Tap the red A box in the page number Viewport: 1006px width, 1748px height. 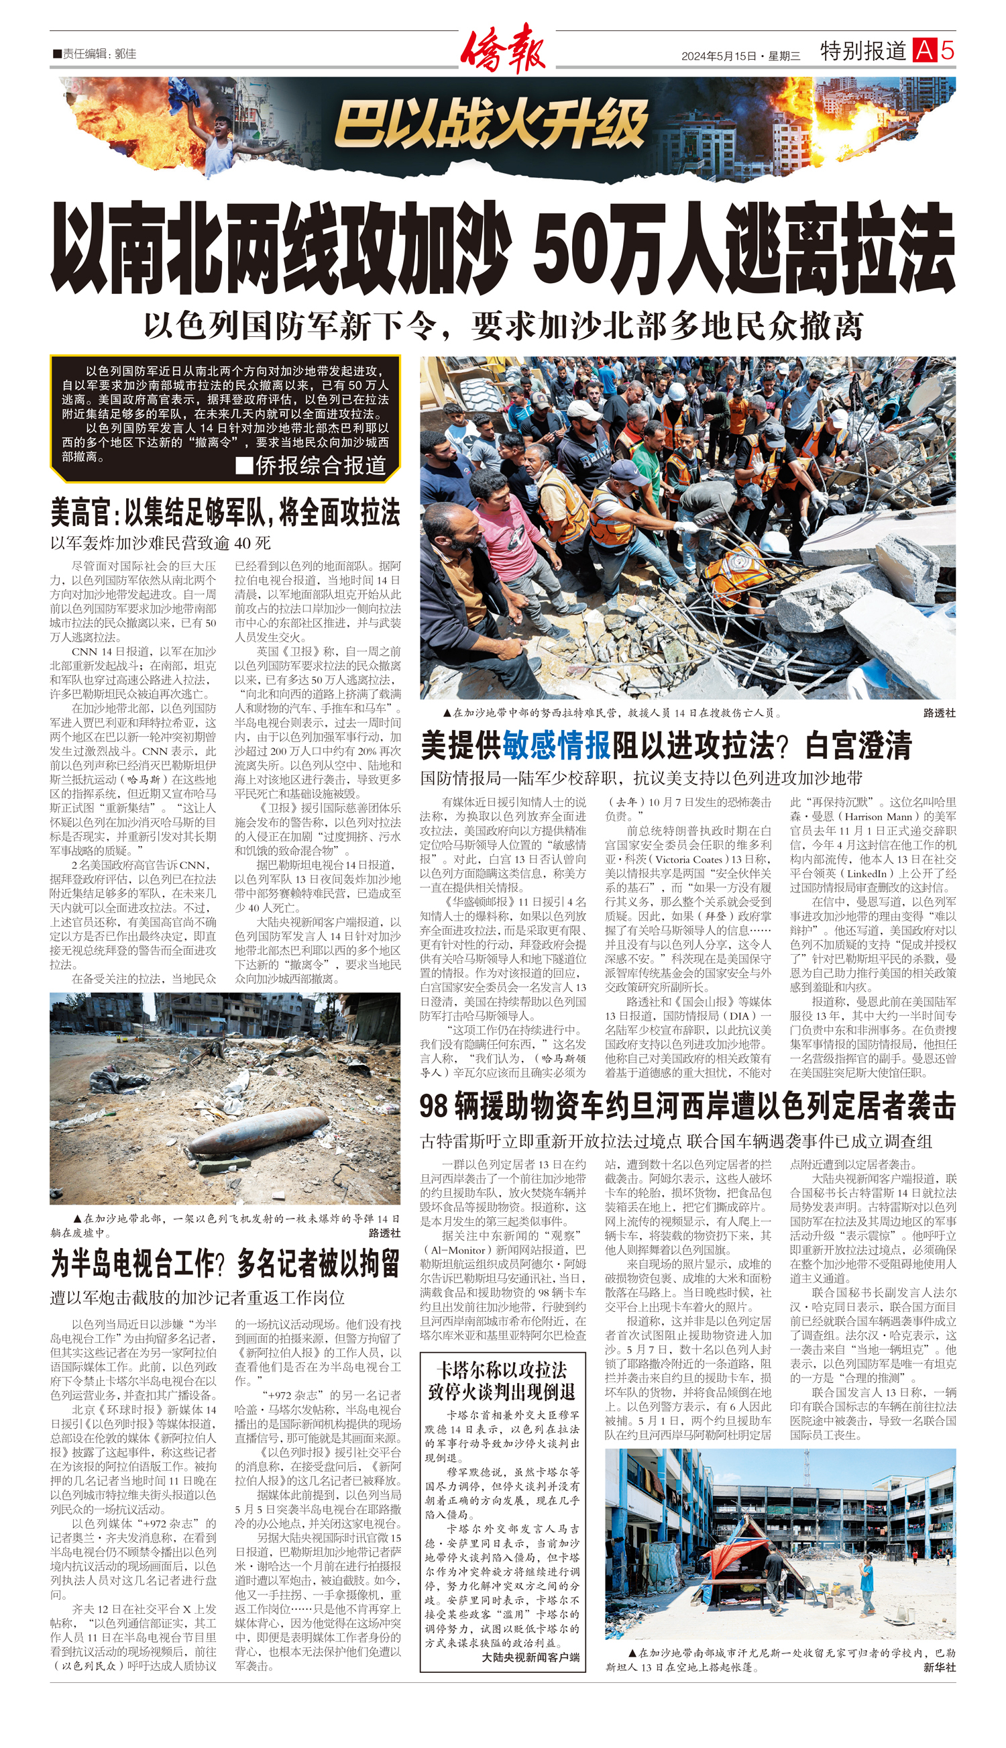(x=924, y=50)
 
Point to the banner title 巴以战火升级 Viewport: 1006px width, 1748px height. (x=491, y=125)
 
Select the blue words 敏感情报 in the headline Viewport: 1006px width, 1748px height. (x=556, y=745)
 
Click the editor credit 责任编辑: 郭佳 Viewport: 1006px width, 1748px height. (x=95, y=53)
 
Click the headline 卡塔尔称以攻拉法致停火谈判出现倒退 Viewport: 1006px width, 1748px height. (x=502, y=1380)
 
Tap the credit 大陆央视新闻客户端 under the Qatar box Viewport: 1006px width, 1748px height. (x=530, y=1657)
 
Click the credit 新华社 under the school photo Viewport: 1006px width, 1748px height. (x=940, y=1666)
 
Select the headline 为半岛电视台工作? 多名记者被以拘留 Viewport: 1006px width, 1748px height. (x=225, y=1264)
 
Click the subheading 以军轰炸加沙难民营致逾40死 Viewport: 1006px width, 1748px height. (x=160, y=544)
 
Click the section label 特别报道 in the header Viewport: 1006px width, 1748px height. (x=863, y=50)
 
